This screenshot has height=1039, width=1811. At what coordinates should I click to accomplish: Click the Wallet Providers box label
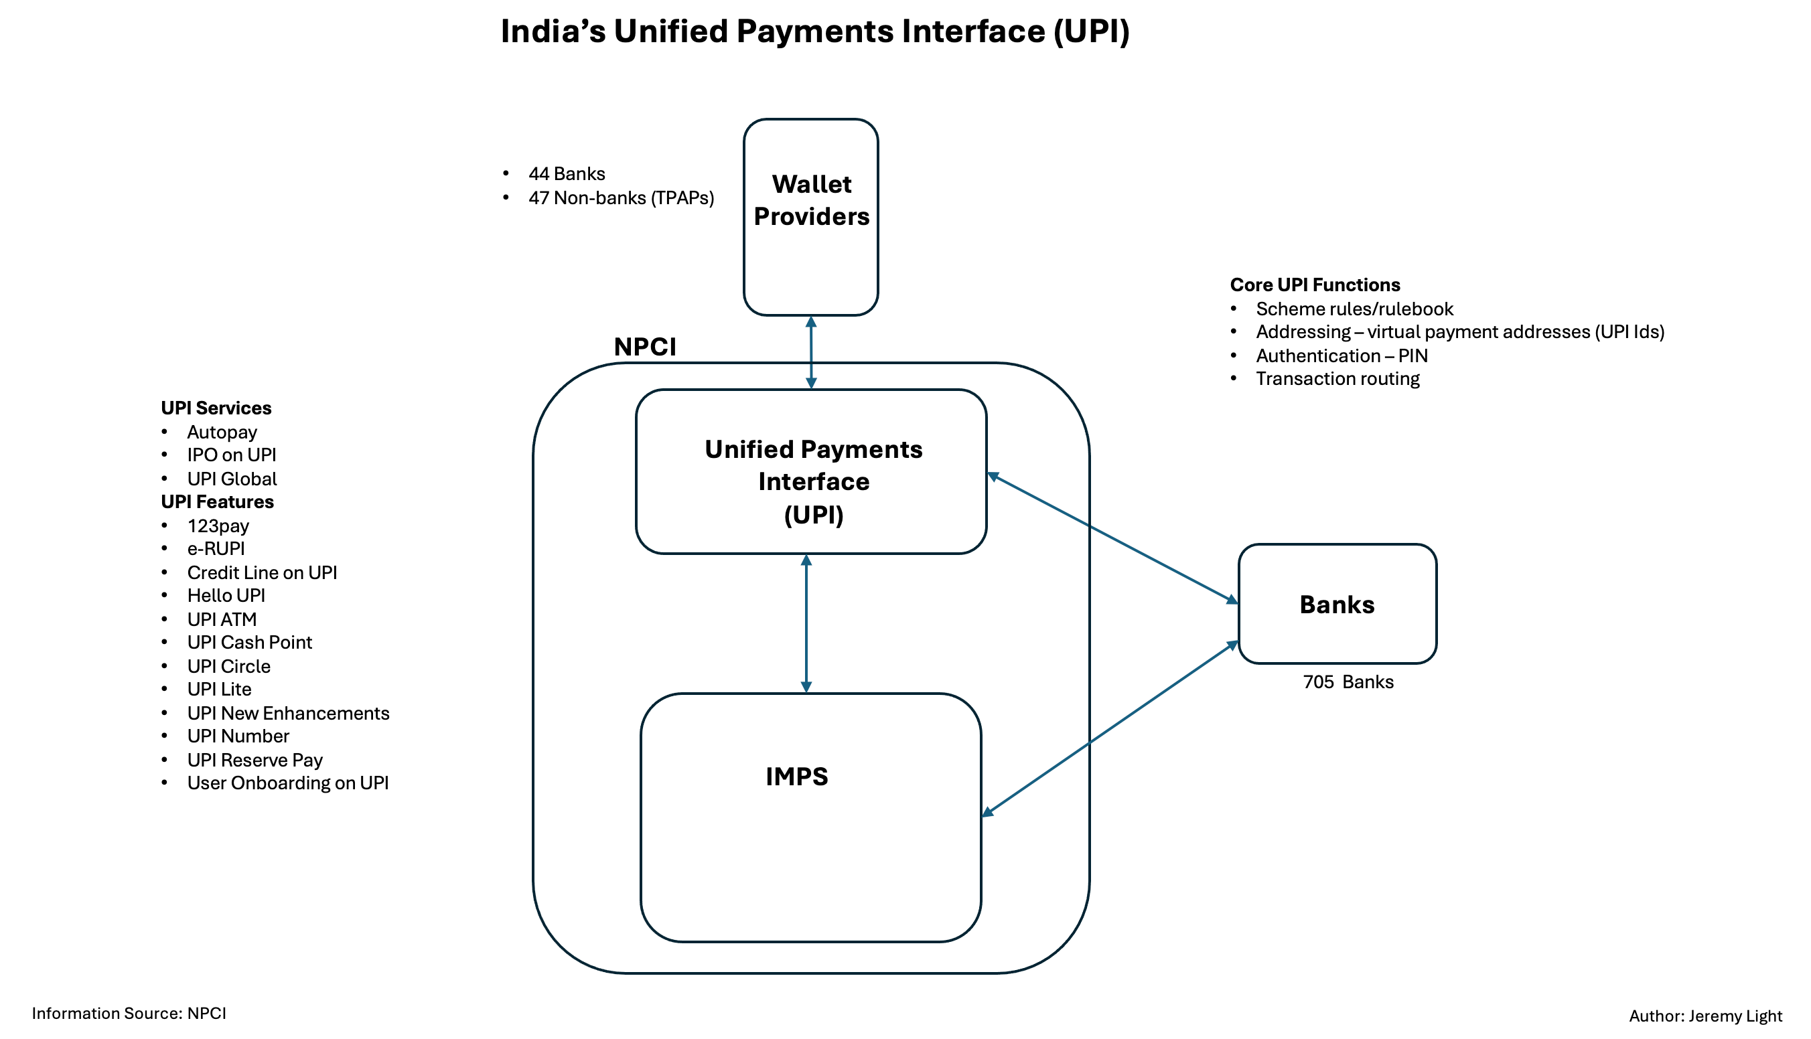811,201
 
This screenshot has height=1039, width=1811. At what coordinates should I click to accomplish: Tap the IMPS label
796,777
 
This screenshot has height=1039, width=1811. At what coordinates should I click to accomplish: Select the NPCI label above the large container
644,347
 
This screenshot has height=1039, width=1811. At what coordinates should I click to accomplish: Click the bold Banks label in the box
1336,605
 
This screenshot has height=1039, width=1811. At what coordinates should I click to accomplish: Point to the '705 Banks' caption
1348,682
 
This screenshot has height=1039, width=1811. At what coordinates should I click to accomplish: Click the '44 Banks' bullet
566,174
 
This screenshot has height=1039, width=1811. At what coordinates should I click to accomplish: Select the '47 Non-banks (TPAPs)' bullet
620,198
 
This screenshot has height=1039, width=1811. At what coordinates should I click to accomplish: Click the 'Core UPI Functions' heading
1314,285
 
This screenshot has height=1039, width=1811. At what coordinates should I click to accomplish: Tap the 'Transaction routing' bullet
1337,379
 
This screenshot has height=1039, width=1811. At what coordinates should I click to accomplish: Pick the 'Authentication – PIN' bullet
1342,355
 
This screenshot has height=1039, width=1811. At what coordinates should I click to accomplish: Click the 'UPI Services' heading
216,408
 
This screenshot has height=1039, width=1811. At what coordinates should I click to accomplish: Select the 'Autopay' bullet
221,432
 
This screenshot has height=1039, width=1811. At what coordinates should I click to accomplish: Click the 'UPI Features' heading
217,501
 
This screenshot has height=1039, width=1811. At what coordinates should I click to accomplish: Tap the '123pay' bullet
218,526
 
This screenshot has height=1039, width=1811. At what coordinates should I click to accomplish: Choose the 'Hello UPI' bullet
226,596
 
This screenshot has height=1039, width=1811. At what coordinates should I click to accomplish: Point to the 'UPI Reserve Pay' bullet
254,760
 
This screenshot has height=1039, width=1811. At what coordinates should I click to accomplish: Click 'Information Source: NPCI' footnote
129,1014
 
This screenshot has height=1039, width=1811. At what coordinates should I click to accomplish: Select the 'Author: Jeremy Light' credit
1705,1016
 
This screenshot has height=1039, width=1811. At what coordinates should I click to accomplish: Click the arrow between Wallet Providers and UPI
811,353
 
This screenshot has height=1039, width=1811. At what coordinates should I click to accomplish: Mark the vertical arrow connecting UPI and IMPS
806,624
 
